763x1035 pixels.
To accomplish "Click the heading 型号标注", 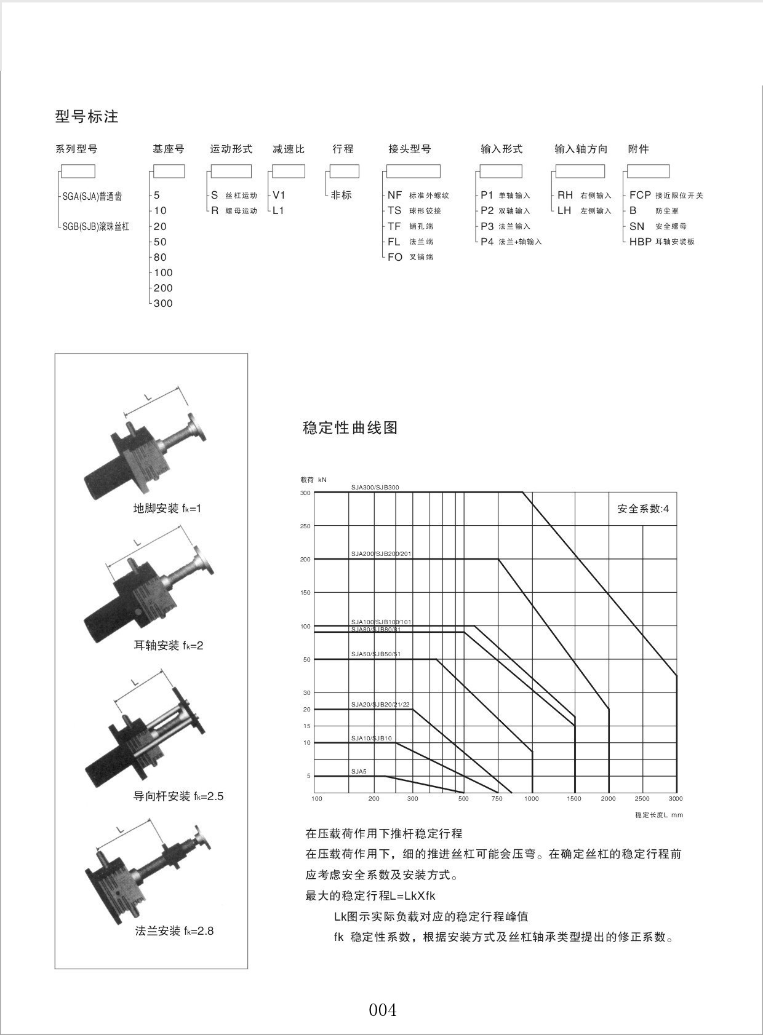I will tap(87, 116).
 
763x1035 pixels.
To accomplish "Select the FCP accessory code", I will tap(640, 195).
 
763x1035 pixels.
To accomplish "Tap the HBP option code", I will tap(640, 242).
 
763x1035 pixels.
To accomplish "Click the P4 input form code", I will tap(487, 242).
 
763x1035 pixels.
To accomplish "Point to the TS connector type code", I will tap(394, 210).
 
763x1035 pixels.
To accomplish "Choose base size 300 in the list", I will tap(163, 303).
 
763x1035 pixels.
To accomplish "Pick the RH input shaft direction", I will tap(565, 195).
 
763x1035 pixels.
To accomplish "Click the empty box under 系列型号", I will tap(78, 171).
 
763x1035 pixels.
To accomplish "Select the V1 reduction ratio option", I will tap(279, 195).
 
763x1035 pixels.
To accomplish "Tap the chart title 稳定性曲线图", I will tap(350, 427).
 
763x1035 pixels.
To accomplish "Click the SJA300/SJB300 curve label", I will tap(375, 488).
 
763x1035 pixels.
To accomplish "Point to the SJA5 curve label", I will tap(359, 771).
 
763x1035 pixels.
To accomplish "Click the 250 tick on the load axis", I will tap(305, 526).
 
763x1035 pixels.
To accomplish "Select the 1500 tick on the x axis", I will tap(573, 799).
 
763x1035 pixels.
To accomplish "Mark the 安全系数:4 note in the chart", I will tap(643, 509).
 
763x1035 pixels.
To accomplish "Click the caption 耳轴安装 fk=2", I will tap(168, 645).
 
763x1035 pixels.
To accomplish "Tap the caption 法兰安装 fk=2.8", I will tap(174, 930).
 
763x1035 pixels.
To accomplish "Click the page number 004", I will tap(383, 1010).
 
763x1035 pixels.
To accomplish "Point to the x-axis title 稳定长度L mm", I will tap(659, 815).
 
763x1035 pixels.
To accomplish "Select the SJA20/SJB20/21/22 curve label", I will tap(380, 705).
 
